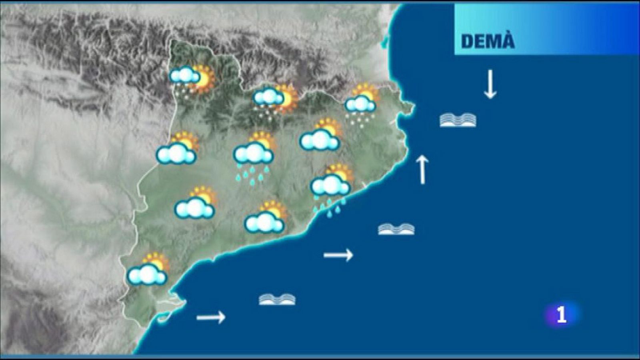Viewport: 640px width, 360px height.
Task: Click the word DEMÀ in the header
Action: click(x=488, y=41)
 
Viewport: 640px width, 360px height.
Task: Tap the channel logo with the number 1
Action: click(x=561, y=315)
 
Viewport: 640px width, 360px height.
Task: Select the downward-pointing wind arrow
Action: click(x=490, y=84)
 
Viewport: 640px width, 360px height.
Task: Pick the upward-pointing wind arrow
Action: click(x=422, y=170)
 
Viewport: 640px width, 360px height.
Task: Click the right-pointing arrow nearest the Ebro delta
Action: click(x=211, y=318)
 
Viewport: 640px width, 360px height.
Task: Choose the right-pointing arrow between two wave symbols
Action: click(x=338, y=255)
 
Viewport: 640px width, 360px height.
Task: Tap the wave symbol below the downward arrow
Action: click(x=458, y=120)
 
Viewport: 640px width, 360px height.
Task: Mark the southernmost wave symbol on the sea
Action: click(x=277, y=299)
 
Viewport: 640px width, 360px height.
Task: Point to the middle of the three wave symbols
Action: click(x=396, y=229)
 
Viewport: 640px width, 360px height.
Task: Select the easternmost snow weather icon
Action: click(x=362, y=103)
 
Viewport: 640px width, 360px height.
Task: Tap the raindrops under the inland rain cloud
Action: click(x=252, y=174)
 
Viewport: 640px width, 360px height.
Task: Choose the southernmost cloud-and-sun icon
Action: click(x=148, y=270)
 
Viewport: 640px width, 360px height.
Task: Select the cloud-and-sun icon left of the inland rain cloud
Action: click(x=177, y=149)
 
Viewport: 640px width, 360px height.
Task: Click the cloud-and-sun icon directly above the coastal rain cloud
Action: click(x=321, y=135)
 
